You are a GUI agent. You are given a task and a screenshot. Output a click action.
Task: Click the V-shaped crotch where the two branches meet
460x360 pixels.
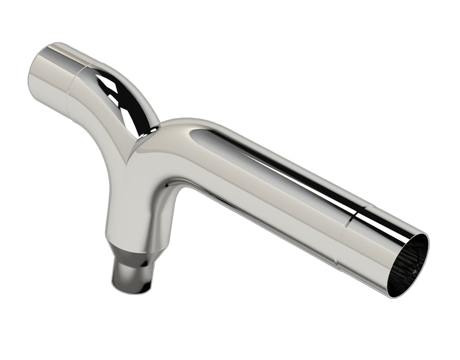133,151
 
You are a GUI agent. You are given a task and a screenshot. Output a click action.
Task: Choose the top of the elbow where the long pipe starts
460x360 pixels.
184,127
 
